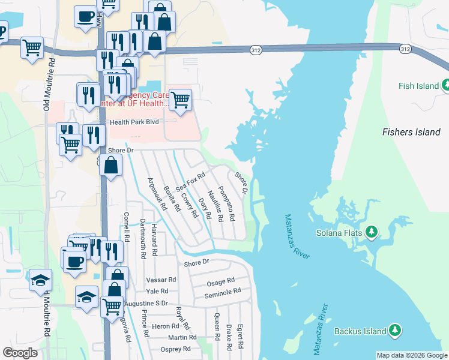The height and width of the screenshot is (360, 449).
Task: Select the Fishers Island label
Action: click(411, 132)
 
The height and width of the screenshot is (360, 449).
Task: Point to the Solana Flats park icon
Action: click(372, 232)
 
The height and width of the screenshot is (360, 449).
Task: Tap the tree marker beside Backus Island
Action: click(394, 330)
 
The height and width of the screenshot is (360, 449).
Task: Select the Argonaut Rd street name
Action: click(157, 194)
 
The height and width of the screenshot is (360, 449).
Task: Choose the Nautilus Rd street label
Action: click(215, 203)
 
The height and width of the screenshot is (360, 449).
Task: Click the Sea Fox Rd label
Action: click(190, 182)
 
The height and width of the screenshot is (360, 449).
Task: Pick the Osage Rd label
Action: click(220, 281)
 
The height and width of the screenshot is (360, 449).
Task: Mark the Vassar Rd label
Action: click(161, 280)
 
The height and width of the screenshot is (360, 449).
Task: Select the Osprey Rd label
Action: click(176, 349)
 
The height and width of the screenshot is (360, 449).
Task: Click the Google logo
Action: click(20, 353)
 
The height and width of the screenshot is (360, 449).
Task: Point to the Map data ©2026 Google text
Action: click(412, 355)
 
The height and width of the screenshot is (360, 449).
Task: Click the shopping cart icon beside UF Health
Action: click(180, 100)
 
